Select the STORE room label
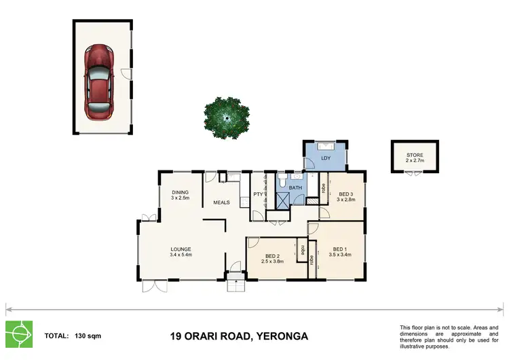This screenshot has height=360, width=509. click(415, 156)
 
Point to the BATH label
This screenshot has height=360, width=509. click(295, 187)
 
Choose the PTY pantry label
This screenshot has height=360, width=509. click(258, 195)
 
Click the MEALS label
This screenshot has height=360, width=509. click(222, 202)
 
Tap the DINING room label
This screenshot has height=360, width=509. click(180, 192)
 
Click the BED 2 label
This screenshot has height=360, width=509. click(274, 255)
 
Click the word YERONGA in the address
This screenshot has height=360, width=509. click(280, 336)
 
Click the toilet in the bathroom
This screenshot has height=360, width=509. click(282, 182)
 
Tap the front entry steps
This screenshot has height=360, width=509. click(234, 284)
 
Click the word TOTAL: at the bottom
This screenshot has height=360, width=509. click(56, 336)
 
